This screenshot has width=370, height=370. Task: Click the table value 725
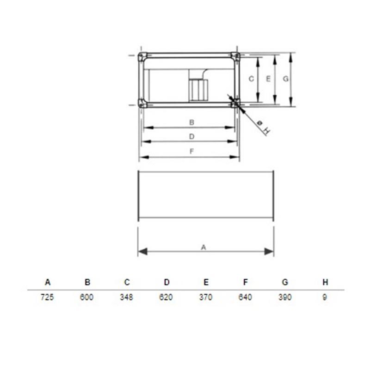pyautogui.click(x=47, y=297)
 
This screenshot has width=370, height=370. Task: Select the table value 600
pyautogui.click(x=86, y=297)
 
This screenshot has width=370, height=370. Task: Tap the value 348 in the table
pyautogui.click(x=126, y=297)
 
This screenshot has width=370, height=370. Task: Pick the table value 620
pyautogui.click(x=166, y=297)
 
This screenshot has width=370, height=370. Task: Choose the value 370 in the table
pyautogui.click(x=206, y=297)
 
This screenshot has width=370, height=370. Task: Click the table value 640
pyautogui.click(x=245, y=297)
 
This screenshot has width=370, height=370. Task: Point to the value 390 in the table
pyautogui.click(x=285, y=297)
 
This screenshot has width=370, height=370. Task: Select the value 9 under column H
pyautogui.click(x=325, y=297)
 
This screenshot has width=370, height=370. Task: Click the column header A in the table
pyautogui.click(x=48, y=282)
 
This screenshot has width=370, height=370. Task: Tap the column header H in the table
pyautogui.click(x=326, y=282)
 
